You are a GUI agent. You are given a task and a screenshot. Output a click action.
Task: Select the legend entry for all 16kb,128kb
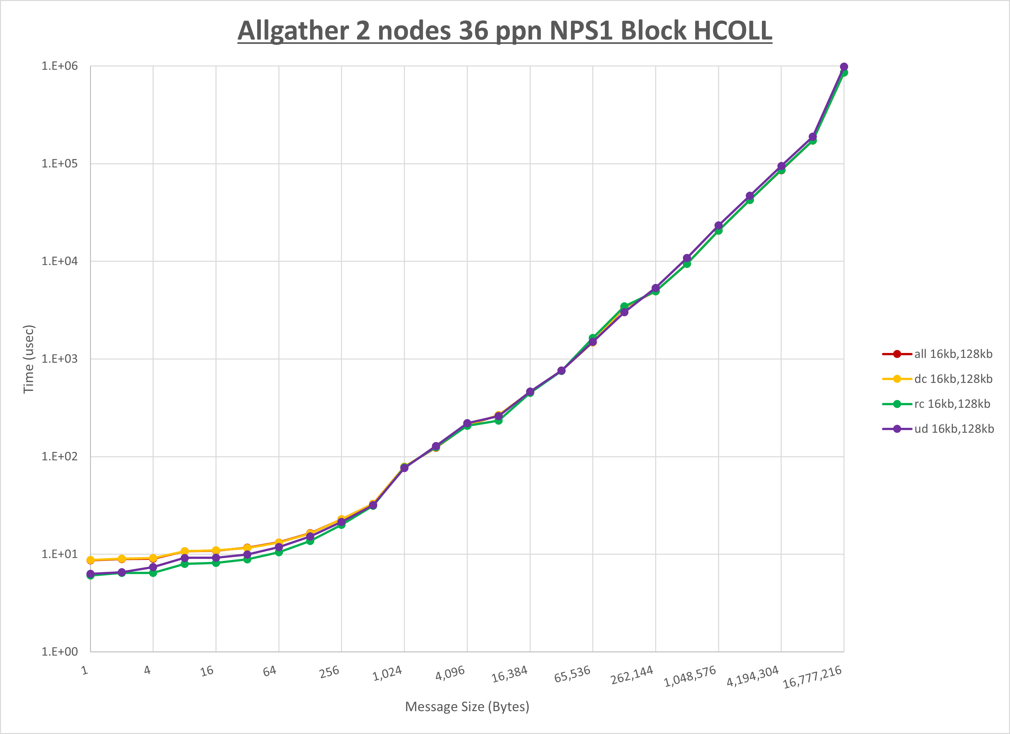[x=953, y=354]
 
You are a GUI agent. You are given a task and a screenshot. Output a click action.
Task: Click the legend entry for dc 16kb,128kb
[x=953, y=379]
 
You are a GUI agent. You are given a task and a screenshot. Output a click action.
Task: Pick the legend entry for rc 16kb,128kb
[x=952, y=404]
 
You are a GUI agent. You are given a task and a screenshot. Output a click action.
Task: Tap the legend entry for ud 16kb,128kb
[x=954, y=429]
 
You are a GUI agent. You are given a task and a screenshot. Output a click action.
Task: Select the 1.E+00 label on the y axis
[x=60, y=652]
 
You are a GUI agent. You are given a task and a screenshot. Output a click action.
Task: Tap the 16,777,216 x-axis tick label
[x=812, y=677]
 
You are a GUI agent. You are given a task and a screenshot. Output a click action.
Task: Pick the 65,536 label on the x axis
[x=572, y=674]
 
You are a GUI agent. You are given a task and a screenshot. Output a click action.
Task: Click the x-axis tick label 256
[x=330, y=672]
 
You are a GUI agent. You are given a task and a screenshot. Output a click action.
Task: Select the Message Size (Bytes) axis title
[x=467, y=707]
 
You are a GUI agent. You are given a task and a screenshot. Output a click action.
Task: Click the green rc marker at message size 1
[x=90, y=576]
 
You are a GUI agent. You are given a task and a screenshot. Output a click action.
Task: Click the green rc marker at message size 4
[x=153, y=573]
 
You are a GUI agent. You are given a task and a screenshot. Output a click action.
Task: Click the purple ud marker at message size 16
[x=216, y=558]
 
